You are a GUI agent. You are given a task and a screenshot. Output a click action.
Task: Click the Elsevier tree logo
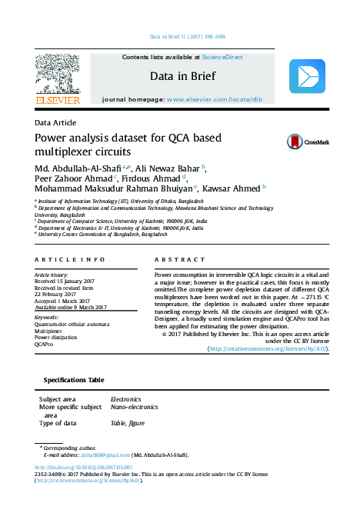(x=58, y=75)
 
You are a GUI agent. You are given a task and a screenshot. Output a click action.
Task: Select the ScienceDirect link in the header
(x=222, y=58)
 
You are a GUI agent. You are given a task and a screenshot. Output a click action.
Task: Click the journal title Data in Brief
(x=182, y=76)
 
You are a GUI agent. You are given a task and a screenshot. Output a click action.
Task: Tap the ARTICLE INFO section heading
(x=70, y=260)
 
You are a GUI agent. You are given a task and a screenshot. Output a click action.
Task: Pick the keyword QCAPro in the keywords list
(x=44, y=345)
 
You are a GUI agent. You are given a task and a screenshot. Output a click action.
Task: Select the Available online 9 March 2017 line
(x=71, y=308)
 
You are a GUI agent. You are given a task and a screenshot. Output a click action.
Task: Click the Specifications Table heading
(x=73, y=381)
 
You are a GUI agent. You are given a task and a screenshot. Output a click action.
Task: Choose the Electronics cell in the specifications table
(x=126, y=400)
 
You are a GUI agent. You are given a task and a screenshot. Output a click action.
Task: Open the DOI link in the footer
(x=84, y=467)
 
